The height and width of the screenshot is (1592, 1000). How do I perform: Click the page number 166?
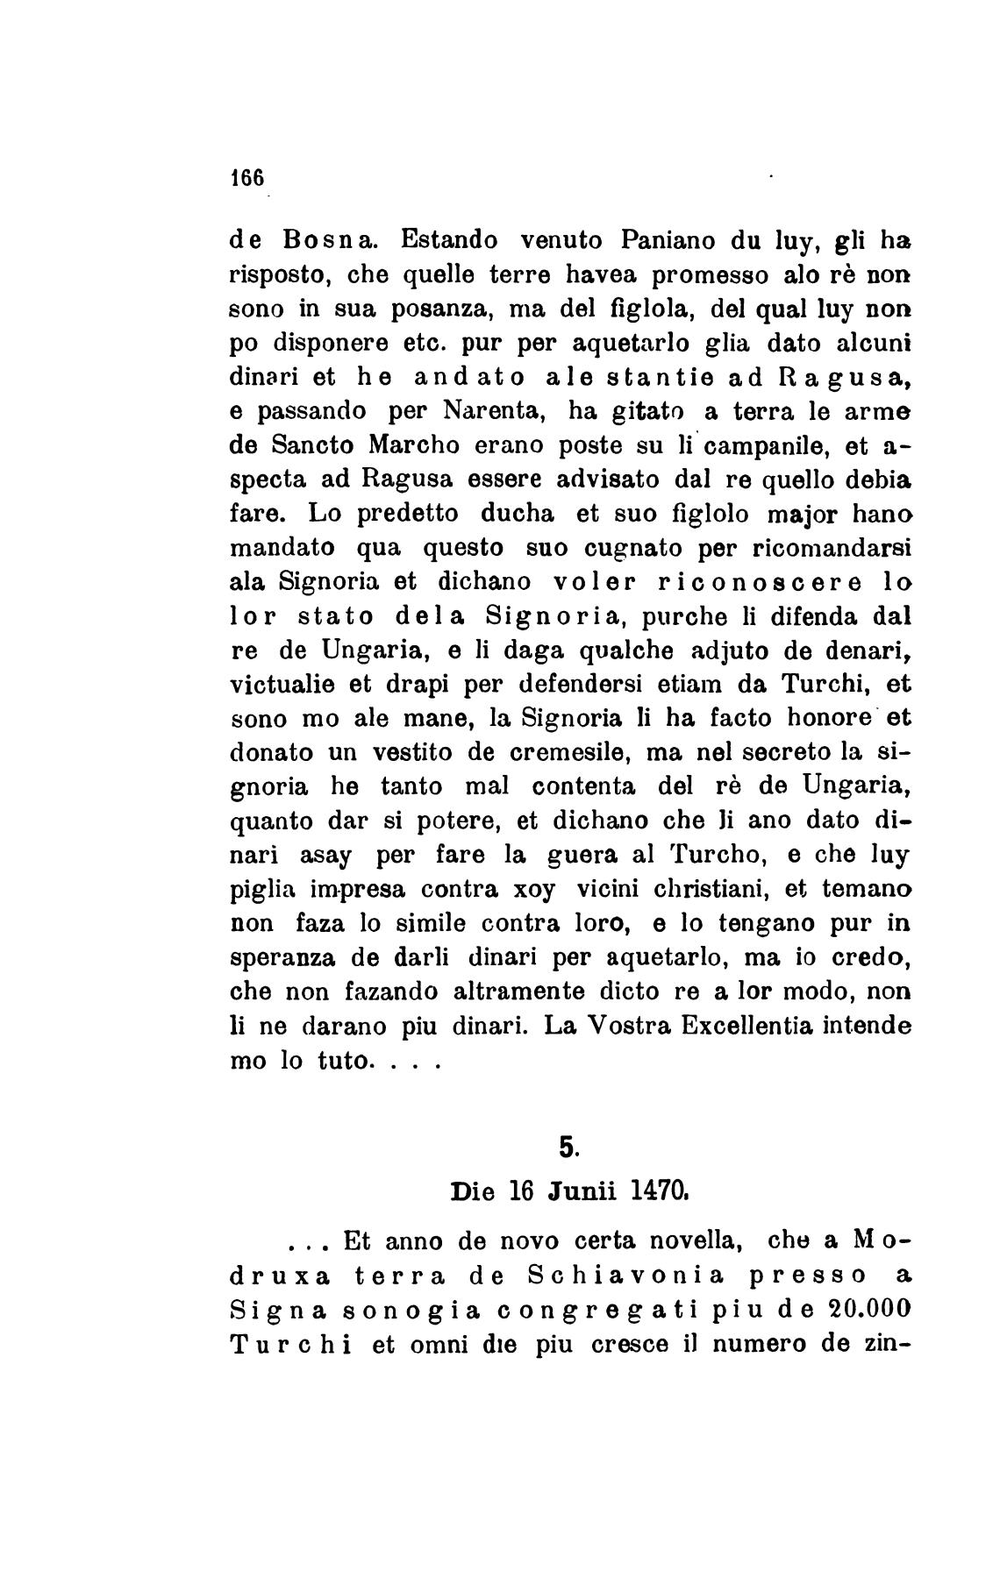click(x=246, y=175)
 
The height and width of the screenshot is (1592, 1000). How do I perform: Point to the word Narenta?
click(x=496, y=410)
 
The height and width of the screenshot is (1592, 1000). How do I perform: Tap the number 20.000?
click(x=857, y=1311)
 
